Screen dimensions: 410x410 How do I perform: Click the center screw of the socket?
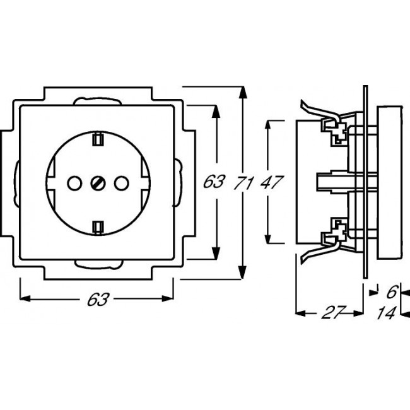[x=97, y=183]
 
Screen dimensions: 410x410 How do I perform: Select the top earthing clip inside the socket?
[x=97, y=139]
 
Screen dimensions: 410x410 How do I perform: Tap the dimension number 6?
[x=390, y=292]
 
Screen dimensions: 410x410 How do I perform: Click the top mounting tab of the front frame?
[x=97, y=100]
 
